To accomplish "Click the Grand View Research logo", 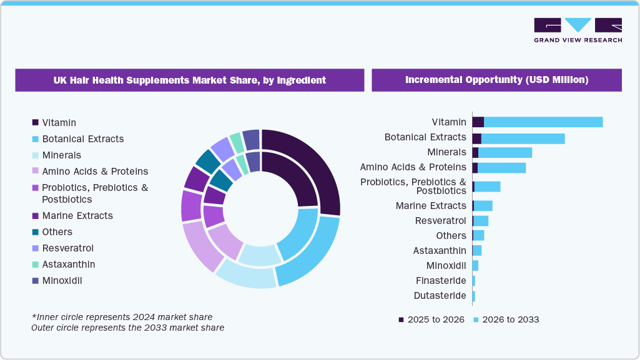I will [578, 30].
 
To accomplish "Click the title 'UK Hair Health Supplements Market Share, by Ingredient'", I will [189, 80].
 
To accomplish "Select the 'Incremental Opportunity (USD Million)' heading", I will [496, 80].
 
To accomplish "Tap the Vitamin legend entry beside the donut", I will [59, 123].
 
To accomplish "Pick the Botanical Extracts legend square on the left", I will [36, 139].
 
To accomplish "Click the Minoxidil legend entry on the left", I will [62, 281].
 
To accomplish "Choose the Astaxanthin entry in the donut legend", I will [68, 265].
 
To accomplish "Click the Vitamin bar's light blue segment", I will [543, 122].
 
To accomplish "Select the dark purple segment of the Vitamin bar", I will [478, 122].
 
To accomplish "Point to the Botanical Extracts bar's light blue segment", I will [523, 139].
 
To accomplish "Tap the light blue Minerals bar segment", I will [505, 153].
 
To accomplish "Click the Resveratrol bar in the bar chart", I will [481, 221].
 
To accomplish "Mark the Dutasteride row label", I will [440, 296].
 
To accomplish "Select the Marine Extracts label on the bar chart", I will [431, 206].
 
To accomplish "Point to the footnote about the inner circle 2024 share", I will [122, 317].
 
